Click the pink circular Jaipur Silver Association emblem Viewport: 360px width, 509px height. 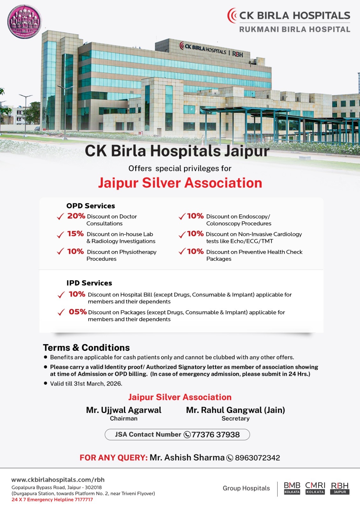25,22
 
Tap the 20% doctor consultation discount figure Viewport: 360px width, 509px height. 76,216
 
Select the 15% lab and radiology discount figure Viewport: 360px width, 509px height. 75,234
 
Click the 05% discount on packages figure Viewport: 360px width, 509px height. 78,312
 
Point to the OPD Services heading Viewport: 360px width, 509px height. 91,206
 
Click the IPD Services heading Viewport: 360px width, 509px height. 89,283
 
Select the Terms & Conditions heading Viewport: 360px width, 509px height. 86,347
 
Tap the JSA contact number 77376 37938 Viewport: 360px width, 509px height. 215,435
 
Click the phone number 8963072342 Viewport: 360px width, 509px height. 257,458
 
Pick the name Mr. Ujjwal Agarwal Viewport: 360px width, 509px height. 124,410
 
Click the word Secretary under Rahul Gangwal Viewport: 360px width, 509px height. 236,419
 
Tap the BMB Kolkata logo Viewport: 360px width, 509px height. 292,488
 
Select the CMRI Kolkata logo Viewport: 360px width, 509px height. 315,488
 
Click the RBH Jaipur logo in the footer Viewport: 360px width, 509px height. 340,488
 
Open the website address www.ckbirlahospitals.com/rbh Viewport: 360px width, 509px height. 58,480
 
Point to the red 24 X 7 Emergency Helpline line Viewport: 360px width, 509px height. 52,499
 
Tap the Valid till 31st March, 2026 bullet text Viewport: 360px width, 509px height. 86,384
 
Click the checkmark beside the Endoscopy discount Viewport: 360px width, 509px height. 182,217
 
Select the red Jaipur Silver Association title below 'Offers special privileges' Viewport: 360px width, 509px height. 180,183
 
